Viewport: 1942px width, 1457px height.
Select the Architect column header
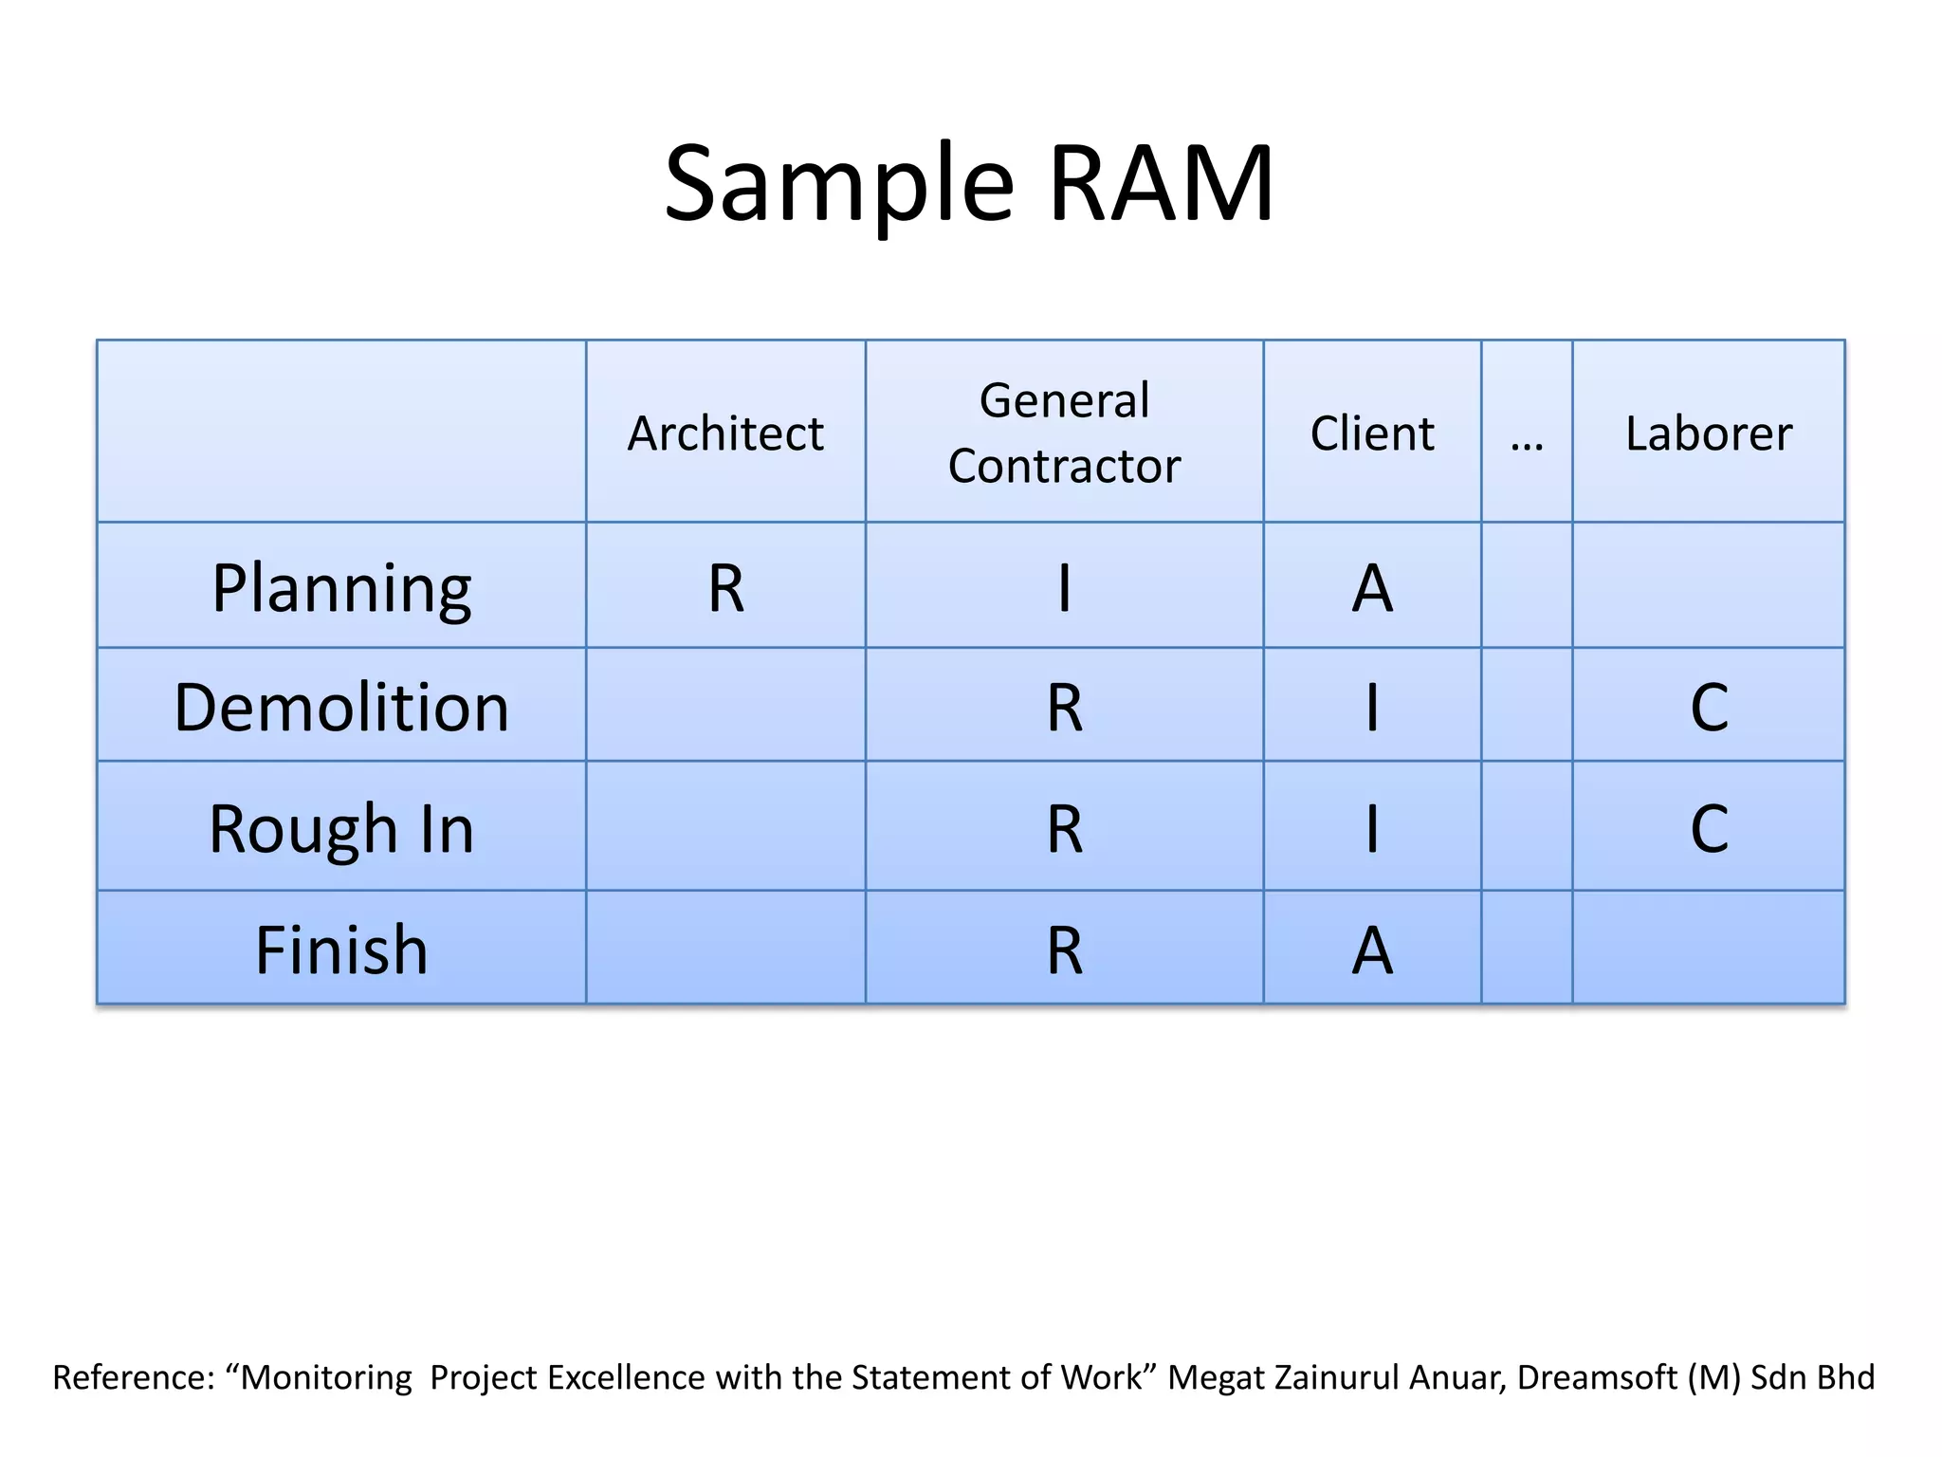click(x=725, y=433)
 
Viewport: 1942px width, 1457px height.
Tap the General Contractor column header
click(x=1064, y=433)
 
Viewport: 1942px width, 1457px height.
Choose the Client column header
click(x=1371, y=433)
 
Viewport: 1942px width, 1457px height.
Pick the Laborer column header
click(x=1708, y=433)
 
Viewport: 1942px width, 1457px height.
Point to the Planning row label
click(x=341, y=588)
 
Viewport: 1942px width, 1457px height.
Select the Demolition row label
click(x=341, y=708)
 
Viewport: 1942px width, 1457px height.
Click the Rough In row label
click(x=341, y=829)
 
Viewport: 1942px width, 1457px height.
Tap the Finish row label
click(x=341, y=950)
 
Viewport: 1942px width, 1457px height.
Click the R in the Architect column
click(x=726, y=588)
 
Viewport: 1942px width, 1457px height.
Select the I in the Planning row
click(x=1064, y=588)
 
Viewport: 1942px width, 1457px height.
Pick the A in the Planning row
click(x=1371, y=588)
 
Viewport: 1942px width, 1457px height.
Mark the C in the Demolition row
click(x=1709, y=708)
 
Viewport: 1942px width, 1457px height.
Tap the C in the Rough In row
click(x=1709, y=829)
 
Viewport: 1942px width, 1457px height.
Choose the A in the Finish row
click(x=1371, y=950)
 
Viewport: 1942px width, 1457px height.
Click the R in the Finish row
click(x=1064, y=950)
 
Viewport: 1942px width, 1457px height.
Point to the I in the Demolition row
click(x=1371, y=708)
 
